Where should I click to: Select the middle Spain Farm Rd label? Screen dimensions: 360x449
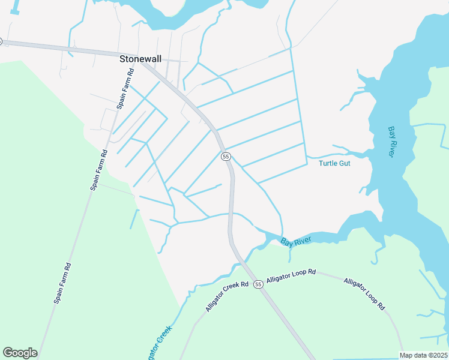[99, 170]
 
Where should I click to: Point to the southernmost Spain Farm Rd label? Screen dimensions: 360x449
[63, 283]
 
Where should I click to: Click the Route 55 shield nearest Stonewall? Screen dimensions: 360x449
[226, 156]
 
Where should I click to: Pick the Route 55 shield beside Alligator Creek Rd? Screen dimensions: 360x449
[258, 284]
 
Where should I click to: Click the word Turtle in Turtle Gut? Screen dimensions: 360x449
[328, 163]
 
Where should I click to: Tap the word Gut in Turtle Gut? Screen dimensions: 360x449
[345, 163]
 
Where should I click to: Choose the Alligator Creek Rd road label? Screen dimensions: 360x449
[226, 296]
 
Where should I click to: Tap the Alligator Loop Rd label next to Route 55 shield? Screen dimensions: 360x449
[291, 276]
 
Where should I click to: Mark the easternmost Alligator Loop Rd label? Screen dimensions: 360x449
[364, 293]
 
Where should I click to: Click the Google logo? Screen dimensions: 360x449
[20, 353]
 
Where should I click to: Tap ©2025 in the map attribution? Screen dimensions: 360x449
[438, 355]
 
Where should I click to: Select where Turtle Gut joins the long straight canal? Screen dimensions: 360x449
[306, 157]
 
